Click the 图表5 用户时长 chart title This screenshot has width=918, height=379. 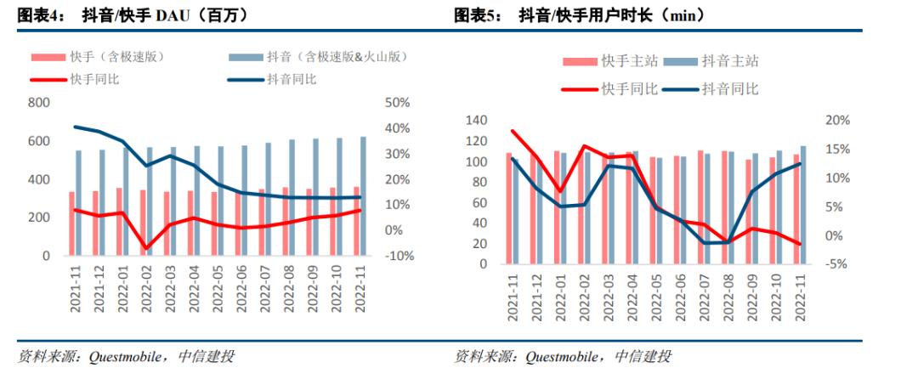pyautogui.click(x=581, y=14)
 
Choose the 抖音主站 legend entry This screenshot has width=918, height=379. pyautogui.click(x=718, y=61)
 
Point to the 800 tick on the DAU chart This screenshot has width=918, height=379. pyautogui.click(x=40, y=102)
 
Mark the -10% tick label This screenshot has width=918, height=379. pyautogui.click(x=394, y=256)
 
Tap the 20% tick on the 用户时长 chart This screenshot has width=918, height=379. pyautogui.click(x=836, y=121)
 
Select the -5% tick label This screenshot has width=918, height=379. pyautogui.click(x=836, y=264)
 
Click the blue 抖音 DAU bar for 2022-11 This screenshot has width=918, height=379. pyautogui.click(x=364, y=196)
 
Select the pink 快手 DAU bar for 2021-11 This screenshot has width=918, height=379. pyautogui.click(x=71, y=223)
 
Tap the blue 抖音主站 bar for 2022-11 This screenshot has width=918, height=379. pyautogui.click(x=803, y=205)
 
